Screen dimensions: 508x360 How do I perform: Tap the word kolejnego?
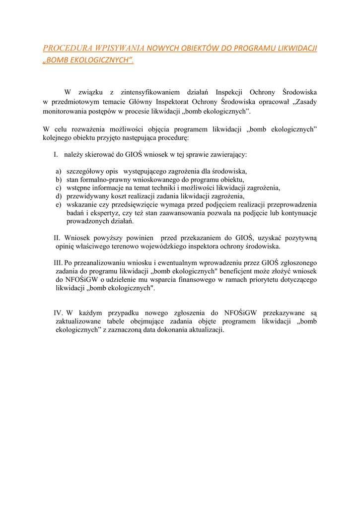point(58,137)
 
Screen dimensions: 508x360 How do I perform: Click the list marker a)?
point(59,171)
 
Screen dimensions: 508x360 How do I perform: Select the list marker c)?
point(59,188)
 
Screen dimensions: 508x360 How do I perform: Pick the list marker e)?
point(59,204)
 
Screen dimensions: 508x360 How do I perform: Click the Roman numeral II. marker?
point(57,238)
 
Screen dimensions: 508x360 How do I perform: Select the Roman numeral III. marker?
point(58,262)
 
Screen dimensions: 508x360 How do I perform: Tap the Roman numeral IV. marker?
point(59,313)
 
